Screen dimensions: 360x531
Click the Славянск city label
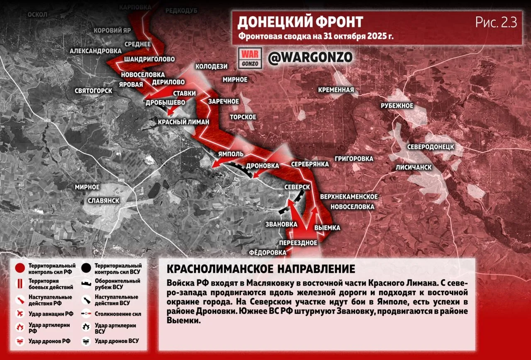click(x=104, y=201)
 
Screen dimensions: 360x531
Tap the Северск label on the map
click(x=297, y=187)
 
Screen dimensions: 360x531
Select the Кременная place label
click(x=336, y=90)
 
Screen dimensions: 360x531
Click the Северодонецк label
click(x=430, y=147)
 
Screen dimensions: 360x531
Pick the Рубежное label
click(x=397, y=106)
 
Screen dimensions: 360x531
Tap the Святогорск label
click(x=93, y=91)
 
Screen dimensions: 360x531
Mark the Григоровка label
click(x=354, y=159)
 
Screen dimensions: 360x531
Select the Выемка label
click(x=327, y=228)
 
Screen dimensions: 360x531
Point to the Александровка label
click(x=95, y=51)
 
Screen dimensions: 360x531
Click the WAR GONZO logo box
click(x=250, y=58)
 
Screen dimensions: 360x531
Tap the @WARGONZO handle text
click(x=310, y=57)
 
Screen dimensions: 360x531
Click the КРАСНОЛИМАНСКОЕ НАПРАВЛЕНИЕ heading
click(x=261, y=269)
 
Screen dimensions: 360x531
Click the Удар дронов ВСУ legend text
click(x=117, y=341)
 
